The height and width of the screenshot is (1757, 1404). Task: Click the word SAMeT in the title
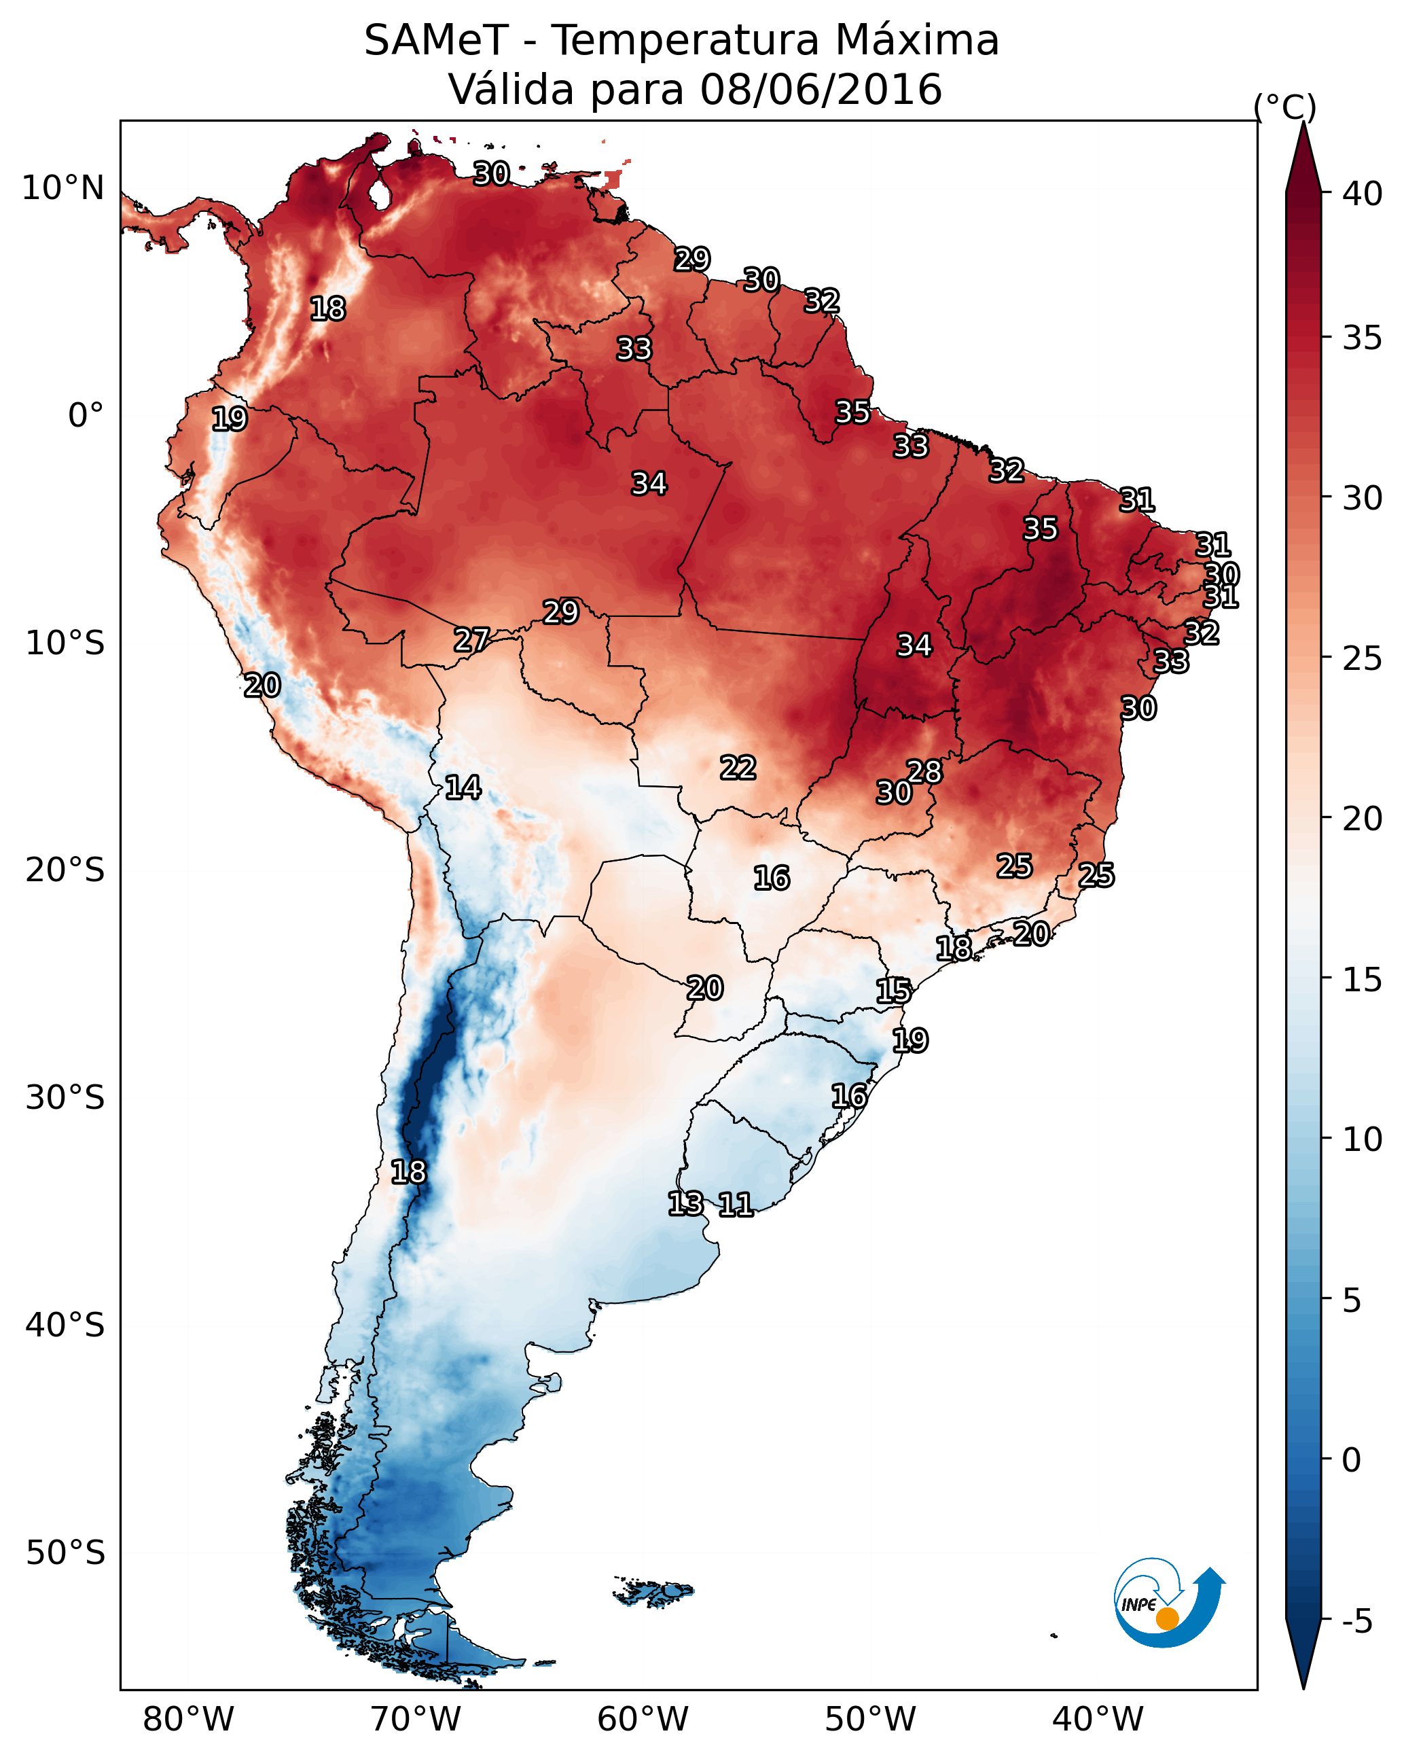[436, 41]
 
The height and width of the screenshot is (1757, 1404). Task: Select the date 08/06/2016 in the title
[821, 90]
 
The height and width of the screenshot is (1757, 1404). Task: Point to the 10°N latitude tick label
[62, 188]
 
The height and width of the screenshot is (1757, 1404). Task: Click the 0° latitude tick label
[86, 416]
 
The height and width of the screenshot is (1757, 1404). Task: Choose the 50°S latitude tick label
[65, 1553]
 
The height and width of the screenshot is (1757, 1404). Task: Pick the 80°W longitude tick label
[188, 1720]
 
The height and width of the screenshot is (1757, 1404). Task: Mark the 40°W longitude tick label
[1098, 1720]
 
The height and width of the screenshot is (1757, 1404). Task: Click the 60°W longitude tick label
[643, 1720]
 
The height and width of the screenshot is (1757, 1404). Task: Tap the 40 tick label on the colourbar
[1363, 194]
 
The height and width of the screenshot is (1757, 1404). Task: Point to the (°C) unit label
[1285, 107]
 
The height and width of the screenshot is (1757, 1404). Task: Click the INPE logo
[1170, 1603]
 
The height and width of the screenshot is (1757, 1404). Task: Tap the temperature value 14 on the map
[463, 788]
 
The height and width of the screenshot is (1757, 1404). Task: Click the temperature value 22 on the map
[738, 768]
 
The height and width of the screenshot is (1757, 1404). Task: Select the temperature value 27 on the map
[472, 641]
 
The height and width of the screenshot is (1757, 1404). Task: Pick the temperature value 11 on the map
[736, 1205]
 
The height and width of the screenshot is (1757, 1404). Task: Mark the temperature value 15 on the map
[894, 992]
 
